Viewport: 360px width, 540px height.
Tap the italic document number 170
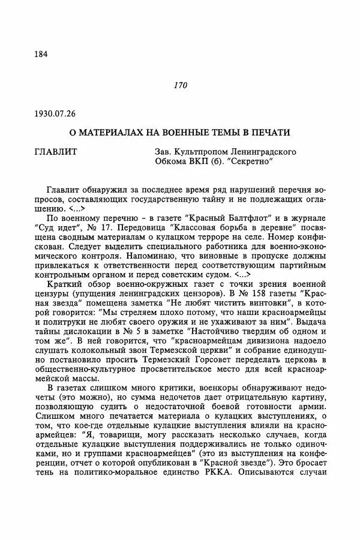coord(180,86)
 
